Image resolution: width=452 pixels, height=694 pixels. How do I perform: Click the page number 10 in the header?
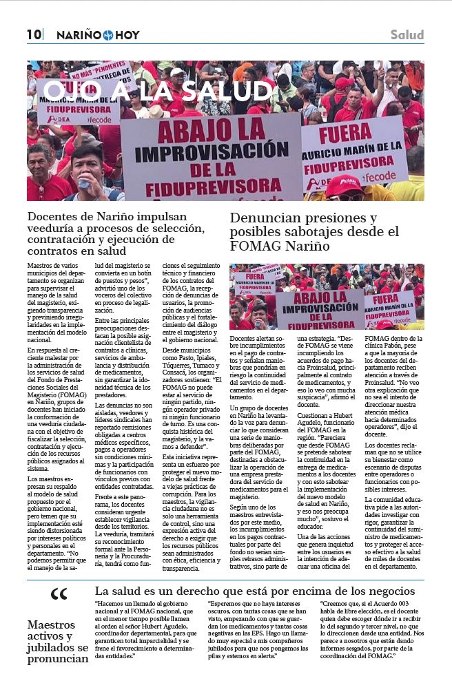34,34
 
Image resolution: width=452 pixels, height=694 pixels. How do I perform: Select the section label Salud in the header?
407,34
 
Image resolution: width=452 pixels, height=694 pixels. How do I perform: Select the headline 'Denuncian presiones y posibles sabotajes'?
316,231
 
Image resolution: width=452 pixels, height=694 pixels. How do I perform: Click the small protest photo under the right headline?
327,296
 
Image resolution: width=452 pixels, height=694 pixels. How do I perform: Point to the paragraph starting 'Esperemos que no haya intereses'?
259,630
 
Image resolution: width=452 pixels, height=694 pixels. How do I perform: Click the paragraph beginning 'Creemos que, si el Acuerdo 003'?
372,630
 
